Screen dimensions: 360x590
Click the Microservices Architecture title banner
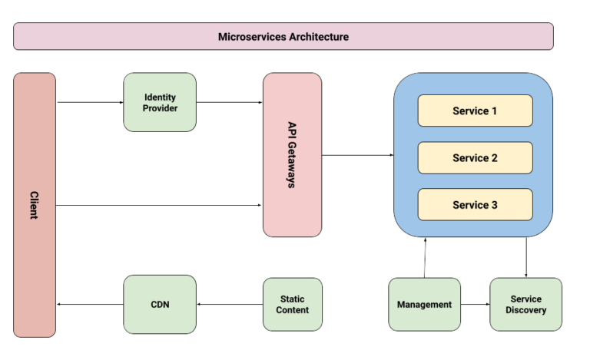pyautogui.click(x=283, y=36)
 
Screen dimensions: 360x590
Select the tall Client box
pyautogui.click(x=35, y=204)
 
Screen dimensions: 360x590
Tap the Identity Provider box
pyautogui.click(x=160, y=102)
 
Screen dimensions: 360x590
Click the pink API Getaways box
pyautogui.click(x=292, y=155)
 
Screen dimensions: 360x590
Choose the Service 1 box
pyautogui.click(x=475, y=111)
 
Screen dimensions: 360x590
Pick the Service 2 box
pyautogui.click(x=475, y=158)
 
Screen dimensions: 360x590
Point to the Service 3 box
pyautogui.click(x=475, y=205)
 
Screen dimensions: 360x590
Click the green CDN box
pyautogui.click(x=160, y=304)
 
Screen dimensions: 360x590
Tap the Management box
pyautogui.click(x=424, y=304)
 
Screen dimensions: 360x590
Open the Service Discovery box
pyautogui.click(x=525, y=304)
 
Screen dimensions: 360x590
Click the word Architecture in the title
pyautogui.click(x=316, y=36)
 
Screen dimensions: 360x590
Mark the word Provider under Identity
pyautogui.click(x=160, y=108)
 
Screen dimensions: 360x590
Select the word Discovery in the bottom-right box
pyautogui.click(x=526, y=310)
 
